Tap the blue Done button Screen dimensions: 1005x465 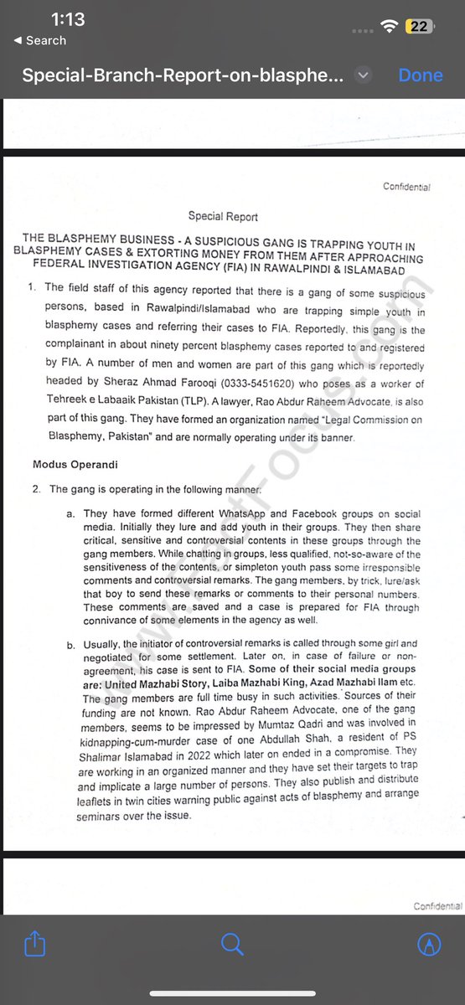421,75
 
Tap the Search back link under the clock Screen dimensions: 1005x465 39,40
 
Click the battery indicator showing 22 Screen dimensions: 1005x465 419,27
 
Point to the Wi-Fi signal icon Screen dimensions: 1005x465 388,27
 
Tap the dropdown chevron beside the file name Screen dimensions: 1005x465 363,75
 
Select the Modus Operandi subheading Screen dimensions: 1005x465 75,463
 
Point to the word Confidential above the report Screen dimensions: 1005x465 406,187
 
